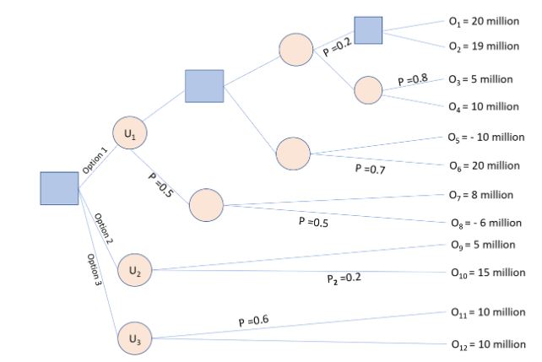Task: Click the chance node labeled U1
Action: [x=129, y=132]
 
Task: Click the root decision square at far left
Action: [x=59, y=187]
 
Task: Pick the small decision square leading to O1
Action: [x=368, y=30]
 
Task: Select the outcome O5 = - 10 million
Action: [x=485, y=137]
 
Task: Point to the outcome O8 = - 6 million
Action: [x=485, y=223]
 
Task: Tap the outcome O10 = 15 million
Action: [x=485, y=273]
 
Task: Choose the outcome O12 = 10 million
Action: [x=485, y=344]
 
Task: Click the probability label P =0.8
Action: [x=414, y=79]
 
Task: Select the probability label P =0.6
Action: [x=253, y=321]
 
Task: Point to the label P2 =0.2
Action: [x=344, y=278]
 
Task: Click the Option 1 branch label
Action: [x=95, y=159]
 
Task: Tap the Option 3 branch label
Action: [x=94, y=273]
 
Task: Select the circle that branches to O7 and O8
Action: [x=206, y=205]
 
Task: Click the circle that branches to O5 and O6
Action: [x=293, y=152]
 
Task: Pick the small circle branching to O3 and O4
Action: [x=368, y=89]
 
